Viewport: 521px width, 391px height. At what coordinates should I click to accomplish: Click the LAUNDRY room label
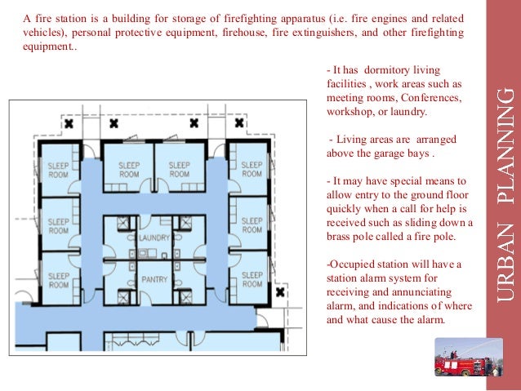coord(154,238)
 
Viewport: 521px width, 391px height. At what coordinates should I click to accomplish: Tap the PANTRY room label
coord(154,279)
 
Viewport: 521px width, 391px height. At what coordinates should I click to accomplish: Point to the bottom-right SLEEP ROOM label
coord(252,279)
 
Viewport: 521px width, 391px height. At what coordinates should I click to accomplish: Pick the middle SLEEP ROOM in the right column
coord(252,224)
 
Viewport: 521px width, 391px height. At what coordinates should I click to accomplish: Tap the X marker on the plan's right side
coord(282,292)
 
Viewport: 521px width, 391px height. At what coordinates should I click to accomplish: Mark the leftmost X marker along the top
coord(70,122)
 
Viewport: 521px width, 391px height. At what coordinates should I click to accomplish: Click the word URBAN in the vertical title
coord(505,267)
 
